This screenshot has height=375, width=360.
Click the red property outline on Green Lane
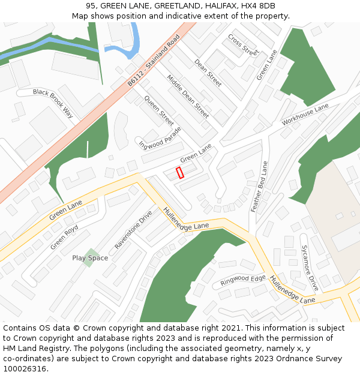(179, 173)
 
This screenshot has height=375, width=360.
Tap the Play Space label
(90, 258)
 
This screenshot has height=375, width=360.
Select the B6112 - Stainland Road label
(154, 61)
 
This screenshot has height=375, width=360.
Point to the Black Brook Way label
(53, 103)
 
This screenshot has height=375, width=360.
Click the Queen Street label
(159, 111)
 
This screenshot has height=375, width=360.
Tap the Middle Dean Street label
(188, 96)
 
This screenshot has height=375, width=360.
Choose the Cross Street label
(242, 44)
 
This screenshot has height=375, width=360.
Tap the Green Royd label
(64, 238)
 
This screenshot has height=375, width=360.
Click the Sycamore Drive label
(310, 268)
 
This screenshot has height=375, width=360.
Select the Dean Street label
(208, 72)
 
